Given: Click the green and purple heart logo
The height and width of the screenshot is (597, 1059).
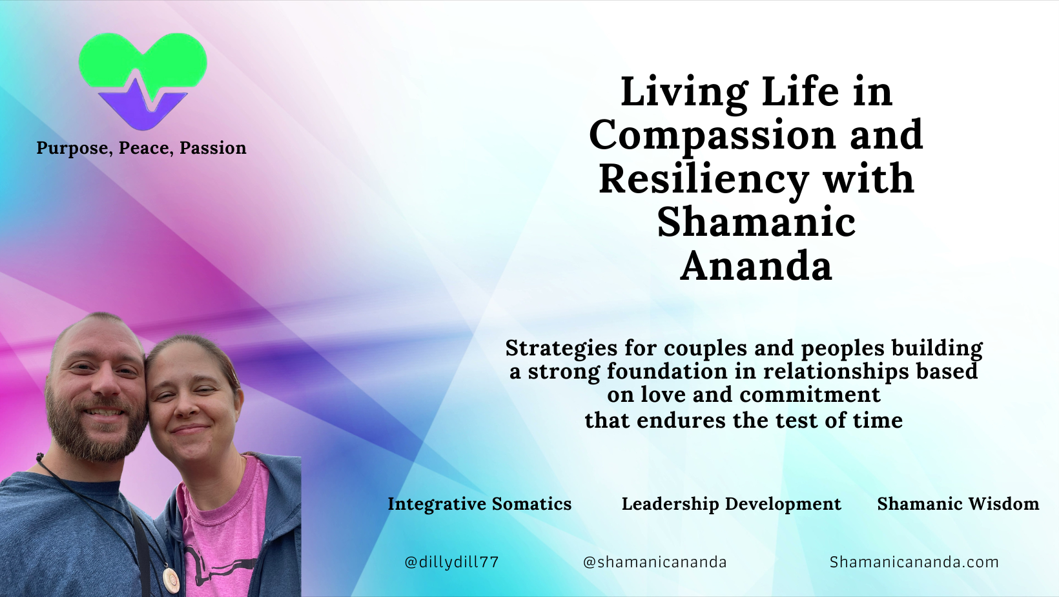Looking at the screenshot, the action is point(143,80).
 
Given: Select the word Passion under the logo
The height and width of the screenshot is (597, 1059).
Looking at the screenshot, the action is point(212,147).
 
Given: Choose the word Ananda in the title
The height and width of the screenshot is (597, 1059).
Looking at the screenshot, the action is point(756,266).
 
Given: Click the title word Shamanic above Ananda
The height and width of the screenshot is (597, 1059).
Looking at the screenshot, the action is point(756,222).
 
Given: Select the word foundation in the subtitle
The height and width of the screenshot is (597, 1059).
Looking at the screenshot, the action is point(666,371).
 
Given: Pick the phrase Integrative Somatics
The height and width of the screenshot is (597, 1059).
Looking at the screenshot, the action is point(479,504).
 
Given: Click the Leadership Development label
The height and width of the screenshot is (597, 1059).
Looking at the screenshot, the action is point(732,504).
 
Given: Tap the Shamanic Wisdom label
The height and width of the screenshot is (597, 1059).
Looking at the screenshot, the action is point(958,504).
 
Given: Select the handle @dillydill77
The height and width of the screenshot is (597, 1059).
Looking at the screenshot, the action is point(451,562).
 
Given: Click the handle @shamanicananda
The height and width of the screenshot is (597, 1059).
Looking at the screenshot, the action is point(655,562).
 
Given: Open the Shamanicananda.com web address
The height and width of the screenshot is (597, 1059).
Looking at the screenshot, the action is point(914,562).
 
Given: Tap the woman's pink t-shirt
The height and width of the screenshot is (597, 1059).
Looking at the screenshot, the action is point(222,530).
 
